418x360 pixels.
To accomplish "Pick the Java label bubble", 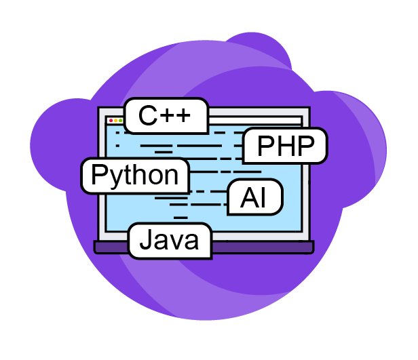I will click(170, 240).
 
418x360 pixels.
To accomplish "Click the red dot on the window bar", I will click(111, 121).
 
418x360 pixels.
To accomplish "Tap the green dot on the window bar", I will click(121, 121).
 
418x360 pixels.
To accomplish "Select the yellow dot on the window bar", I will click(115, 121).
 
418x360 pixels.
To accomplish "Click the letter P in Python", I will click(99, 175).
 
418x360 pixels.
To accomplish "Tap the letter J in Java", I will click(145, 240).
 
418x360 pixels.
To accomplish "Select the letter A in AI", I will click(248, 198).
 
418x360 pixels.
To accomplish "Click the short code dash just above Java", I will click(180, 218).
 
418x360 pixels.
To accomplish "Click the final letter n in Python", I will click(171, 176).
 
